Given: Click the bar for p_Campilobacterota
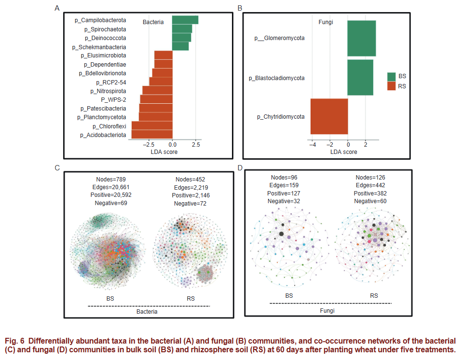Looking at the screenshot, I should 185,20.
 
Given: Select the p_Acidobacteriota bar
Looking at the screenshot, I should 152,135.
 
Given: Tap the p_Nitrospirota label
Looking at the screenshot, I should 108,91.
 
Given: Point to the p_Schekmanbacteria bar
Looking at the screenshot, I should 180,46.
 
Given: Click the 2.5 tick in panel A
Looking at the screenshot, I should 196,144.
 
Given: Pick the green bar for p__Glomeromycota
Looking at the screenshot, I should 362,38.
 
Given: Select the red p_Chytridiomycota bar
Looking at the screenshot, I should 329,116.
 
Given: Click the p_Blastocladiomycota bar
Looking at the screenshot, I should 360,78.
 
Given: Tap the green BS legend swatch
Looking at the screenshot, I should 391,76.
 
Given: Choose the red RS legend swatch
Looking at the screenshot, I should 391,86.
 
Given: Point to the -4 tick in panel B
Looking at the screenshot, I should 313,144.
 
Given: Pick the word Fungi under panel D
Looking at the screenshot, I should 327,311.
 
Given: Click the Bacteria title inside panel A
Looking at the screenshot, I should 153,22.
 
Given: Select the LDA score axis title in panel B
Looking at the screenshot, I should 343,152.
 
